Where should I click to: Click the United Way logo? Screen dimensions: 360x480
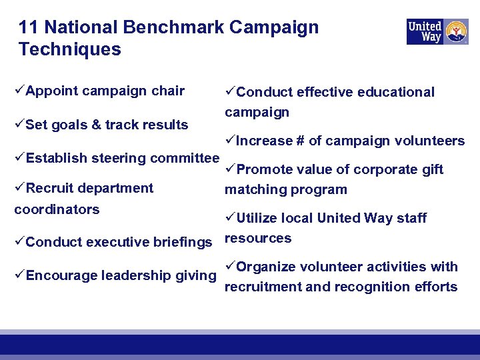437,31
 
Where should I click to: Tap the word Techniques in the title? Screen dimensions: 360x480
70,49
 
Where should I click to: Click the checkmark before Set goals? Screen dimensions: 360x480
19,124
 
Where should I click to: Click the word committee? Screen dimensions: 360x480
185,158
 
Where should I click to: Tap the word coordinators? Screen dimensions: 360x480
57,209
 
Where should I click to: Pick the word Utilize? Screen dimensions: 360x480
257,218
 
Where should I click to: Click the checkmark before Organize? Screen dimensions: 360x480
230,267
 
